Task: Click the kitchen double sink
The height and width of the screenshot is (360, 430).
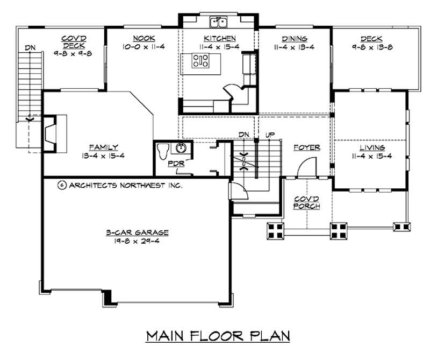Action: [219, 22]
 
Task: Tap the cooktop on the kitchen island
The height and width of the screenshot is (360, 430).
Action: [200, 61]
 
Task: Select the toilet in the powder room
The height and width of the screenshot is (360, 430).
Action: [163, 151]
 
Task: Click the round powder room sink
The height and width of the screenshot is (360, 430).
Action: [181, 149]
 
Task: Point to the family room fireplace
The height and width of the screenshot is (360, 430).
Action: [50, 133]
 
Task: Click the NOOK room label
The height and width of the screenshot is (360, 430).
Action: [144, 38]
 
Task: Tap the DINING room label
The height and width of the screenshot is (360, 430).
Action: [295, 39]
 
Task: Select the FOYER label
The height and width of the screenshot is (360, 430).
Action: [307, 147]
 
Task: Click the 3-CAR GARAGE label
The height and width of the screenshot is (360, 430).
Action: [138, 232]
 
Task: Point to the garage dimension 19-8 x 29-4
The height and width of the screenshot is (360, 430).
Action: [137, 242]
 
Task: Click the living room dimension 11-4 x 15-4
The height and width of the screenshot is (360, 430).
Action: [372, 156]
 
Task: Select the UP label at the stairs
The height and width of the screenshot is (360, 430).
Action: [270, 135]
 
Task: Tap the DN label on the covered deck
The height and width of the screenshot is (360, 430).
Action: [30, 48]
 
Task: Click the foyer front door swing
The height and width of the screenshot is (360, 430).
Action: [307, 167]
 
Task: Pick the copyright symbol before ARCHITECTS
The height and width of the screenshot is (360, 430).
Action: [62, 185]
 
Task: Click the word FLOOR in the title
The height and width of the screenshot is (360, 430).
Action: [217, 336]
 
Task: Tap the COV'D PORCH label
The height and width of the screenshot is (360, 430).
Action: [306, 202]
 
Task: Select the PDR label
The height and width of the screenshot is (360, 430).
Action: [176, 164]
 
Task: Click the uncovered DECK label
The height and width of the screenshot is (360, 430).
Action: [371, 39]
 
